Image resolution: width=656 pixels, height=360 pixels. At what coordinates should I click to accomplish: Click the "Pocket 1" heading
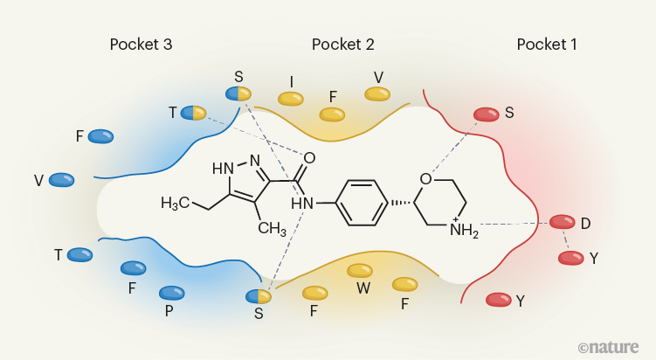(x=546, y=44)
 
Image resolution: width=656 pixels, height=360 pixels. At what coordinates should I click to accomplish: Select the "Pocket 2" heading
(x=342, y=44)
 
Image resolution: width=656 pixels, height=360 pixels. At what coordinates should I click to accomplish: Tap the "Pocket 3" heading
(x=141, y=44)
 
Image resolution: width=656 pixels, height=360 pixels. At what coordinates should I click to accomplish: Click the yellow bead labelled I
(x=291, y=100)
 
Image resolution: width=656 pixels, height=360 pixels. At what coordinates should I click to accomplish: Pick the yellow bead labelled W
(x=360, y=271)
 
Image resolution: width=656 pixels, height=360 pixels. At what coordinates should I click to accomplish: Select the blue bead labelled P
(x=172, y=293)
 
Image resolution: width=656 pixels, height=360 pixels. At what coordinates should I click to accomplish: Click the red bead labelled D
(x=562, y=223)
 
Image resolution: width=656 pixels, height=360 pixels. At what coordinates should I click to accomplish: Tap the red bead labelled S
(x=487, y=114)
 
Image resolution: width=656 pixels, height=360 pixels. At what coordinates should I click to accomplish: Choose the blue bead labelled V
(x=61, y=180)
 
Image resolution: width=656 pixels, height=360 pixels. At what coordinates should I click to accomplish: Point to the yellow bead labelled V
(x=377, y=93)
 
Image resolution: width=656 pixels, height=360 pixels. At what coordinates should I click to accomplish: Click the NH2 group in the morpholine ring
(x=464, y=230)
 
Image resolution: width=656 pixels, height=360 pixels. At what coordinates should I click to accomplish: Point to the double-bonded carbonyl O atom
(x=309, y=158)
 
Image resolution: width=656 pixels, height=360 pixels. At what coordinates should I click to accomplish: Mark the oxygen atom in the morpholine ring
(x=425, y=180)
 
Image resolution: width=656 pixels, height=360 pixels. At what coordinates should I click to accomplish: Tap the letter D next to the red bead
(x=585, y=224)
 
